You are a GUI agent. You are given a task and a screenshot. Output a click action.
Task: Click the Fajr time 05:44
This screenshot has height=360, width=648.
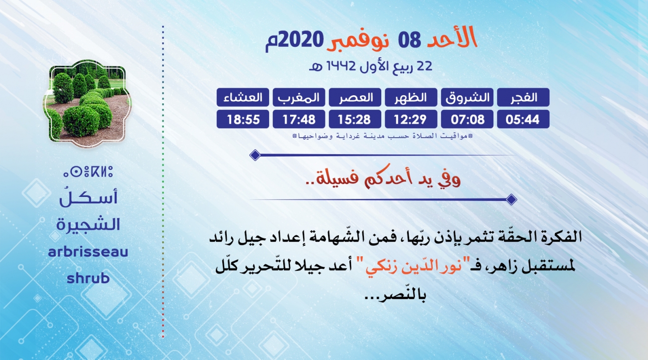tap(523, 119)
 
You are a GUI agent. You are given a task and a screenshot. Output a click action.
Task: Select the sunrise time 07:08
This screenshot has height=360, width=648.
tap(467, 119)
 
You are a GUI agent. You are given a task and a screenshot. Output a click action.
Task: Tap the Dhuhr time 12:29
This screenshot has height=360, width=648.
tap(411, 119)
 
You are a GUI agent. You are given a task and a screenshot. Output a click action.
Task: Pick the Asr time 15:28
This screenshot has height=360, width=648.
tap(355, 119)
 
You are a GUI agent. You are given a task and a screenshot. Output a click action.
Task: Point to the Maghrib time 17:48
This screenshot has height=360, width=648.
tap(299, 119)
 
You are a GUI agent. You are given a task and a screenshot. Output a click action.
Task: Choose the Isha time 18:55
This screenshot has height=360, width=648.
tap(243, 119)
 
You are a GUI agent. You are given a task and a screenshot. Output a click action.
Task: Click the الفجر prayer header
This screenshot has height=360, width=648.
tap(523, 97)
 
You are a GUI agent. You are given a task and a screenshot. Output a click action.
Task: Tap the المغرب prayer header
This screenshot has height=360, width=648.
tap(299, 97)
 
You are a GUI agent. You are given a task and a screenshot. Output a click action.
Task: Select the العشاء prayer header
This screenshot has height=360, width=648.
tap(243, 97)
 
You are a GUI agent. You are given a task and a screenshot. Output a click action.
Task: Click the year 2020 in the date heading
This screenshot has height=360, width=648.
tap(301, 40)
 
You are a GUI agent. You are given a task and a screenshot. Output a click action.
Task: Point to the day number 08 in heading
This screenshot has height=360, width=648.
tap(409, 40)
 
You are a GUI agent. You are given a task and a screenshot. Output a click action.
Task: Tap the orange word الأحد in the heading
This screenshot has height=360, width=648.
tap(452, 37)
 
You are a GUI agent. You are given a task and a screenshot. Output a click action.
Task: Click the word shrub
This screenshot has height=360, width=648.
tap(88, 278)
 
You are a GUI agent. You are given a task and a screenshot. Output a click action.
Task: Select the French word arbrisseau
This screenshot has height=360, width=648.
tap(88, 251)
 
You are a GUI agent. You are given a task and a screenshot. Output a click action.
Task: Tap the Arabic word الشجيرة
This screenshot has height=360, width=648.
tap(88, 224)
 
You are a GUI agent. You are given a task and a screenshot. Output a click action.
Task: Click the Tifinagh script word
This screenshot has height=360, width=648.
tap(88, 172)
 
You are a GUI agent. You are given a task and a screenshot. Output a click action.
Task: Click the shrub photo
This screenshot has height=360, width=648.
tap(87, 104)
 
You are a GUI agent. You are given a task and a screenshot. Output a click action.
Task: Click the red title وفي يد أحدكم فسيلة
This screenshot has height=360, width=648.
tap(383, 178)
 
